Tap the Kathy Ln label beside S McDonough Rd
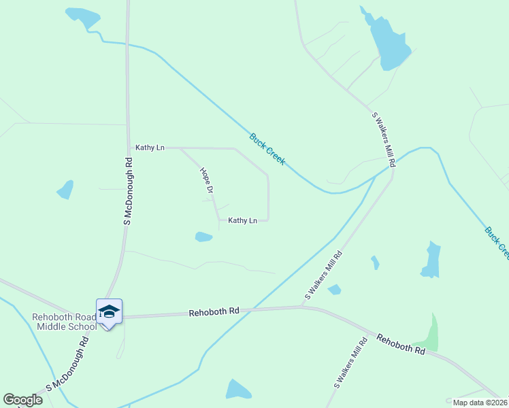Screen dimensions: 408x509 150,148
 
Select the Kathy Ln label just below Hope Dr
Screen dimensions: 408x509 242,220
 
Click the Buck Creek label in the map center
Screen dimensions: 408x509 267,149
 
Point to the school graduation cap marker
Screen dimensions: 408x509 109,311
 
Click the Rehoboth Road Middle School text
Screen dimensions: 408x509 65,322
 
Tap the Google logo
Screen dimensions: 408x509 22,400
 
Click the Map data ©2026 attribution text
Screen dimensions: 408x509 480,403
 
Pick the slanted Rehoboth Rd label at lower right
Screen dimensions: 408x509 401,343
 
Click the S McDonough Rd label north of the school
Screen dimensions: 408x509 127,192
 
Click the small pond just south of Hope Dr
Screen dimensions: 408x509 203,237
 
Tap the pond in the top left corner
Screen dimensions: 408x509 82,16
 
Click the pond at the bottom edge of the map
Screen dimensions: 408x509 237,390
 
